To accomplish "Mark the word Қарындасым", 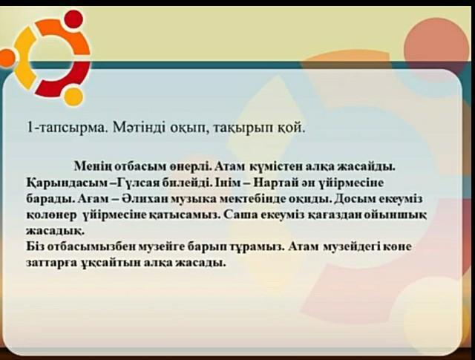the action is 67,183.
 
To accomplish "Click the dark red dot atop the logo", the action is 73,19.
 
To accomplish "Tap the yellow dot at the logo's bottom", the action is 73,97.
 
